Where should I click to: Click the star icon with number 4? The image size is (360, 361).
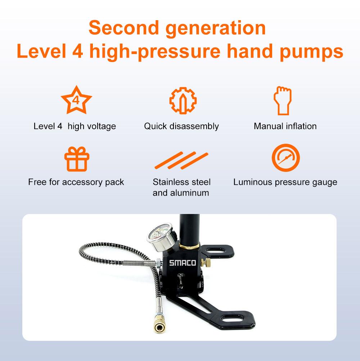(x=76, y=99)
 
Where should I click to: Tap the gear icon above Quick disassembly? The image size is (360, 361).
(x=182, y=100)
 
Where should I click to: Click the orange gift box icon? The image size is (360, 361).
(x=76, y=159)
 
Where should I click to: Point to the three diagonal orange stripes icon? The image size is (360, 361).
(x=181, y=161)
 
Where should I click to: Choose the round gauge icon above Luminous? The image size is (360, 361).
(x=285, y=158)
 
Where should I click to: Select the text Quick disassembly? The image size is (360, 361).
(x=181, y=126)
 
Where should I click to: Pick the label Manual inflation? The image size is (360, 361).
(x=285, y=126)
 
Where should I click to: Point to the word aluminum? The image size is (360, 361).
(x=190, y=193)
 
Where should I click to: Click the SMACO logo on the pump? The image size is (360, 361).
(x=183, y=263)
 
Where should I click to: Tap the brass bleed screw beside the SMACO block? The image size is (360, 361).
(x=206, y=263)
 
